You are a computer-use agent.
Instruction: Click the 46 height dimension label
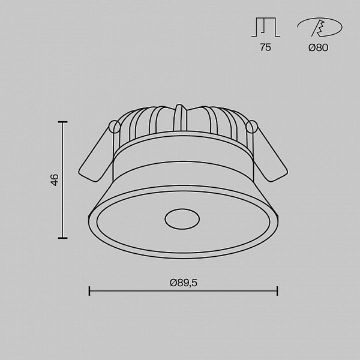(55, 180)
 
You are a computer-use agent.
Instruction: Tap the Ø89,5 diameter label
(184, 283)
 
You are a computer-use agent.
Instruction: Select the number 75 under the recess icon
(265, 47)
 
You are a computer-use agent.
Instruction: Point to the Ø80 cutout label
(318, 47)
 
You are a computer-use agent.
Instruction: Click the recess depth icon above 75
(266, 27)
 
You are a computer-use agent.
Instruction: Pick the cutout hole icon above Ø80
(319, 27)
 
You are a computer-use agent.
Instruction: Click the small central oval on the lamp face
(182, 219)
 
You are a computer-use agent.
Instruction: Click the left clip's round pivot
(115, 127)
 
